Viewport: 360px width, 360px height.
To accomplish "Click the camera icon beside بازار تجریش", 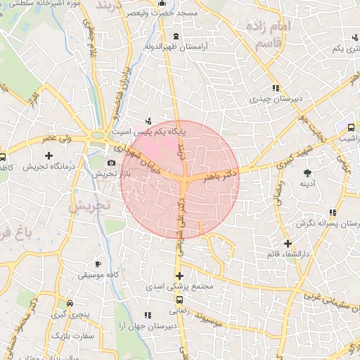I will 111,162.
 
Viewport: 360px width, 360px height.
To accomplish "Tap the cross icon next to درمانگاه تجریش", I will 49,153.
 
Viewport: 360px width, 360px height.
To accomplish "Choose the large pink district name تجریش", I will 89,207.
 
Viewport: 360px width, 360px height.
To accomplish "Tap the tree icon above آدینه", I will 307,172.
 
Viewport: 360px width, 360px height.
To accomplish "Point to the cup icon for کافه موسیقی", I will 98,264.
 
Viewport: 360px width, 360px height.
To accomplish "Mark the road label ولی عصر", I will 58,139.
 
